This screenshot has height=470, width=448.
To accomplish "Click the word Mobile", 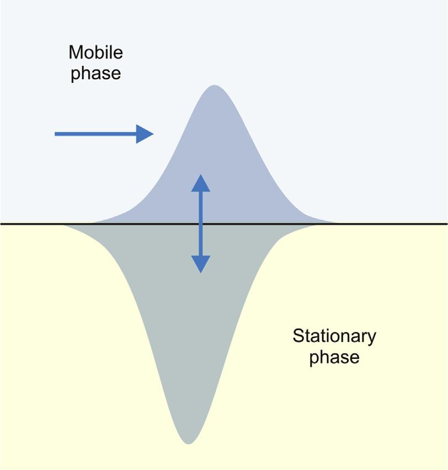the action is [95, 53].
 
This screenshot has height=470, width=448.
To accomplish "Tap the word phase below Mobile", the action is [95, 74].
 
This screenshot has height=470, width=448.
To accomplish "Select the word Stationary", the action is [334, 336].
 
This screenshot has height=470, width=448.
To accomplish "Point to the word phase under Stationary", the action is [334, 357].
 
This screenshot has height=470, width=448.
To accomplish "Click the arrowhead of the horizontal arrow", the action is [145, 134].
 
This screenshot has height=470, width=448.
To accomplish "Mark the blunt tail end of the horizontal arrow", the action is [56, 134].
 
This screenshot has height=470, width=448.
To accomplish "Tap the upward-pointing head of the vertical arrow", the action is [201, 183].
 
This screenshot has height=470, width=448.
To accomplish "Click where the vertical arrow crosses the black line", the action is [201, 224].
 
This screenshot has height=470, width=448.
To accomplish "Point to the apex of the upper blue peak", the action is [214, 86].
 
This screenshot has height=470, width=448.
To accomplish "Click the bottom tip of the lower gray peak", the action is [189, 442].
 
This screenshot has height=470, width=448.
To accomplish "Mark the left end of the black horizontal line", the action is [1, 224].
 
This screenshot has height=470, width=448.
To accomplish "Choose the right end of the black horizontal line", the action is [446, 224].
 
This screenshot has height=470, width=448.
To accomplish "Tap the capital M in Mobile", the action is [76, 53].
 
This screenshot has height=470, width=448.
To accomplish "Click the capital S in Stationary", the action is [297, 336].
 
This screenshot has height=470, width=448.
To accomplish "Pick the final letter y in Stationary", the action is [372, 338].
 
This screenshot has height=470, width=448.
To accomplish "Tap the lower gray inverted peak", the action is [188, 331].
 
